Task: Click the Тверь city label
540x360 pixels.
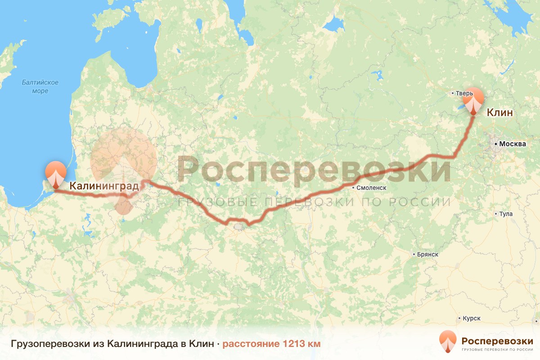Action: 464,94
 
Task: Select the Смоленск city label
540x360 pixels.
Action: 371,188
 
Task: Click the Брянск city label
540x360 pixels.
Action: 427,254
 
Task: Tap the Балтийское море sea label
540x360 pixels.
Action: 40,87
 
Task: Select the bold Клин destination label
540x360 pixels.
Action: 499,112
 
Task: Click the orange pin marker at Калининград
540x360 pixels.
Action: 56,173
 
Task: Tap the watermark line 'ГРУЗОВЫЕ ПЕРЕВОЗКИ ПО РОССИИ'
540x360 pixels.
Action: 314,202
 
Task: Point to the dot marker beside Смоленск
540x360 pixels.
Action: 354,188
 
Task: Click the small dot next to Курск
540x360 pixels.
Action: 460,318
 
